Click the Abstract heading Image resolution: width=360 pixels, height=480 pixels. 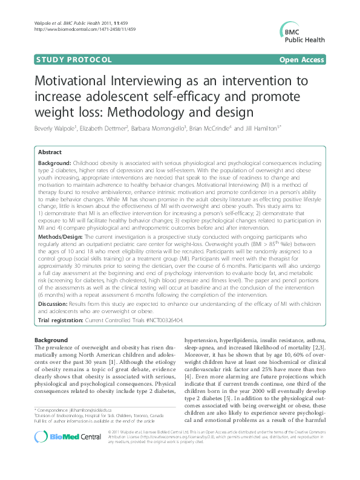(50, 153)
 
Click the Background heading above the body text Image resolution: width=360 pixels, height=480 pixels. (51, 340)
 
